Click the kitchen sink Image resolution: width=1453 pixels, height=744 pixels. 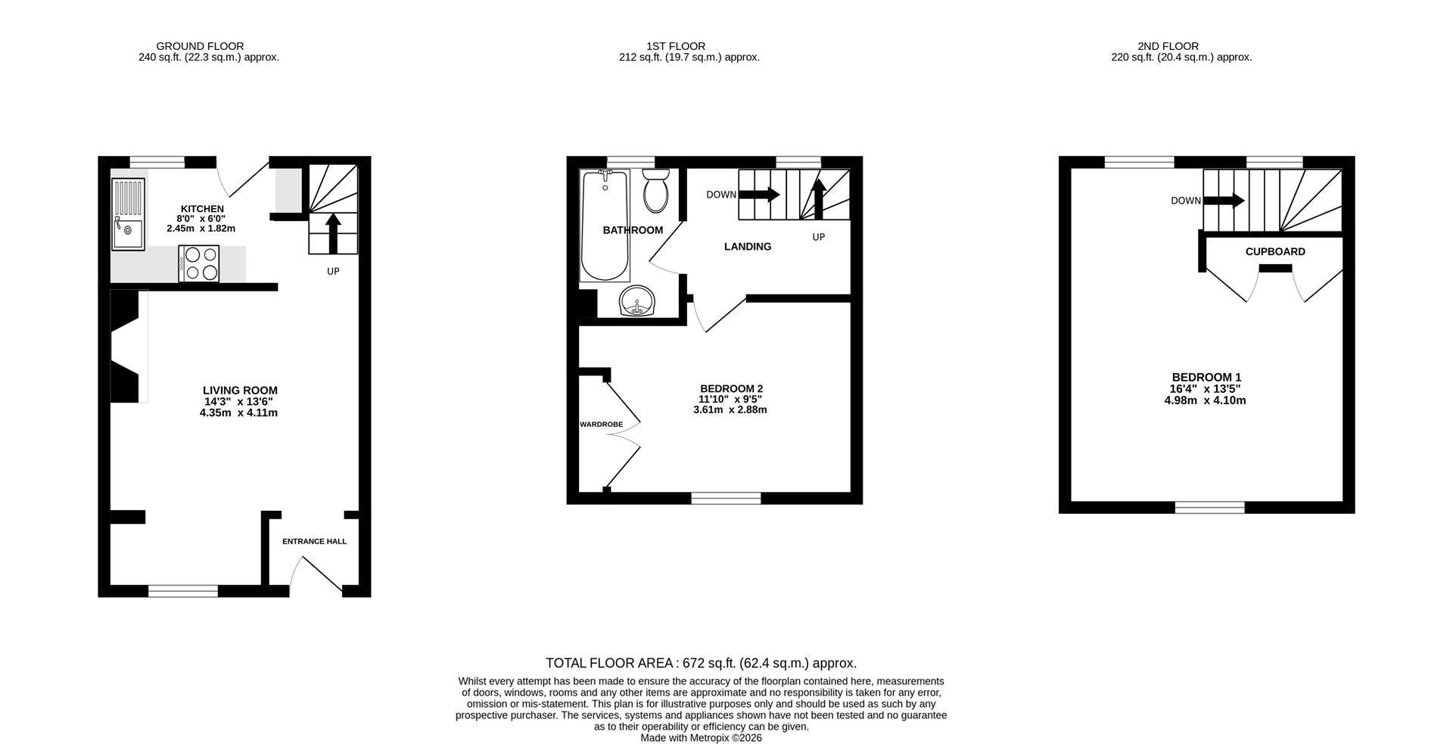point(128,214)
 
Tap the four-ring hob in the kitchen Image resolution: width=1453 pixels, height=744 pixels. point(199,264)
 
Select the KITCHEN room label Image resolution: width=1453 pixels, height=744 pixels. point(202,209)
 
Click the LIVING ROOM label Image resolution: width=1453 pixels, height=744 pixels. point(240,391)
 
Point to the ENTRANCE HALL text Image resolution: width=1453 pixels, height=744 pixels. point(314,541)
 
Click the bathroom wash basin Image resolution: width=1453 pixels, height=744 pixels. point(638,303)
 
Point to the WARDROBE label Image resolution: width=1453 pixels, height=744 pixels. point(601,425)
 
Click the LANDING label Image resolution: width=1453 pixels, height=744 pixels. point(748,247)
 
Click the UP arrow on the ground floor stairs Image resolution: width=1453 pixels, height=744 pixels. point(333,232)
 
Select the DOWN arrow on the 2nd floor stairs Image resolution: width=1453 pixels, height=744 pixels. point(1224,201)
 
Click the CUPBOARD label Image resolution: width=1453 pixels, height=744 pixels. point(1275,252)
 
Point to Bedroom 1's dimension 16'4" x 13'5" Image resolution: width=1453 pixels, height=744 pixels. point(1205,389)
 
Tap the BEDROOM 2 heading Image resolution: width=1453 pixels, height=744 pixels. point(730,388)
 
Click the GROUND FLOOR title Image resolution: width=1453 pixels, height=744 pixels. point(200,46)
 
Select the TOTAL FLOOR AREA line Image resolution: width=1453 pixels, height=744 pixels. point(701,663)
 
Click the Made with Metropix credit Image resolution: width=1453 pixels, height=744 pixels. point(701,738)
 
